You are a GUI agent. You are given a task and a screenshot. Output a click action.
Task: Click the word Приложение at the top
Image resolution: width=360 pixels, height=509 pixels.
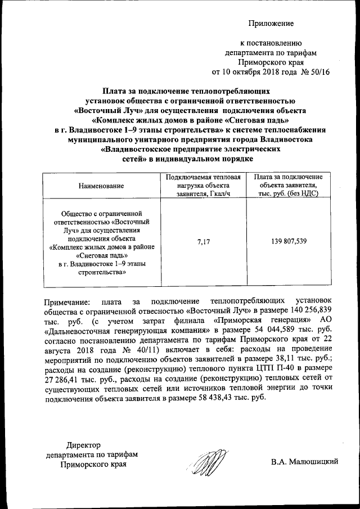272,23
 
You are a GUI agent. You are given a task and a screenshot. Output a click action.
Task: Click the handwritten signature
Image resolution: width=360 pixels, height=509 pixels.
205,463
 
